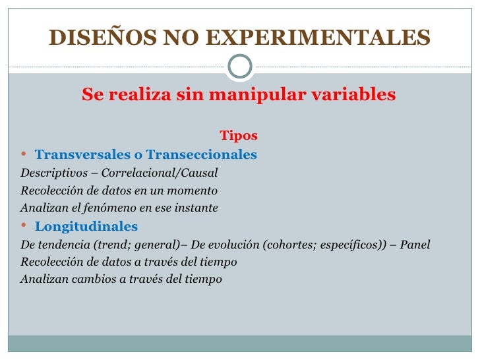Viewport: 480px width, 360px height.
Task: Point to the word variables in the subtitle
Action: tap(354, 95)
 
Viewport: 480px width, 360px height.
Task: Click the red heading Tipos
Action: tap(239, 136)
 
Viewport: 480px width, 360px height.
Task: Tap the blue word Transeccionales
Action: tap(202, 156)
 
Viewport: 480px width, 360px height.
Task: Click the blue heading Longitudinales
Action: tap(86, 227)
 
